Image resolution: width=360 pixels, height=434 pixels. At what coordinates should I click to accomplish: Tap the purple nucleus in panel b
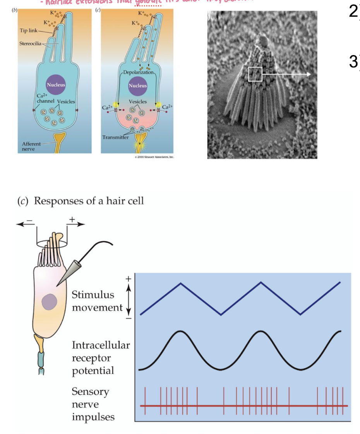coord(56,84)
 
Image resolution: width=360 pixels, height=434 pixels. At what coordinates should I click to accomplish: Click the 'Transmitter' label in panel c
coord(115,137)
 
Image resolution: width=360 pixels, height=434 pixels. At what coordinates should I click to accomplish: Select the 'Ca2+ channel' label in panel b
coord(46,98)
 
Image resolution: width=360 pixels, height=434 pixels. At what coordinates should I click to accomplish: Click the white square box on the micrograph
coord(255,74)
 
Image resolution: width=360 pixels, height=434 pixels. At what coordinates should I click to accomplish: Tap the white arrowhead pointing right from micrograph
coord(308,74)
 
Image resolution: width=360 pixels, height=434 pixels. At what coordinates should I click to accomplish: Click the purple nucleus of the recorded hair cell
coord(50,301)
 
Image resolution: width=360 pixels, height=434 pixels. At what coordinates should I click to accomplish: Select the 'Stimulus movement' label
coord(97,301)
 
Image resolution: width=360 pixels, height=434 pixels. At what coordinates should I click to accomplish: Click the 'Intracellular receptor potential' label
coord(101,358)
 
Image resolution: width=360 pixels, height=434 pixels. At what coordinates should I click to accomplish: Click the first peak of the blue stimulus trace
coord(180,283)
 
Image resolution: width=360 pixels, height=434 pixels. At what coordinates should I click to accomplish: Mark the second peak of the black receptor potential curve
coord(260,332)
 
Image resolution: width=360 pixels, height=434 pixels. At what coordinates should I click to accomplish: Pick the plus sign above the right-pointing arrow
coord(72,219)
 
